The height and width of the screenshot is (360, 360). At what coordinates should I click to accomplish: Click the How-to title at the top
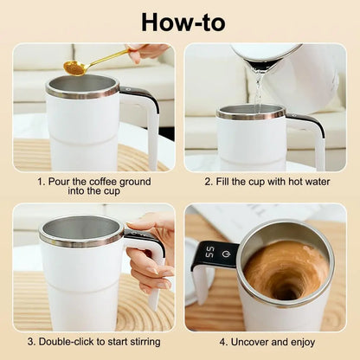[x=179, y=22]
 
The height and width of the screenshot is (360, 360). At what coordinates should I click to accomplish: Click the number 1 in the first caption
[x=41, y=182]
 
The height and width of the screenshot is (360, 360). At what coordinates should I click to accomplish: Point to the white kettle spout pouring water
[x=260, y=65]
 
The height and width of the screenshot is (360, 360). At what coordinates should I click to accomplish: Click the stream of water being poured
[x=257, y=92]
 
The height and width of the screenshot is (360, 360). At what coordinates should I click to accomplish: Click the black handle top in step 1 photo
[x=138, y=93]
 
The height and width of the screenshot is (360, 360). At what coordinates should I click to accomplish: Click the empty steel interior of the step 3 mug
[x=80, y=229]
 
